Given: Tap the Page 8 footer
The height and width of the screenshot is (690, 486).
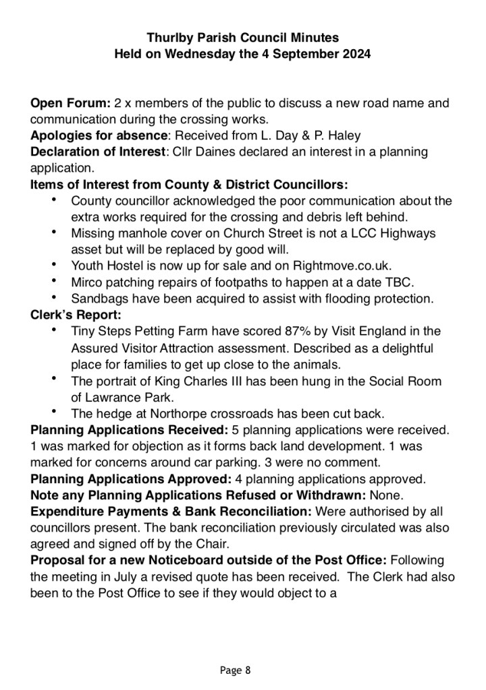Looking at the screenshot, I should coord(235,670).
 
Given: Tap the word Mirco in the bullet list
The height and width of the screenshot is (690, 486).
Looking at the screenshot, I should coord(86,282).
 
